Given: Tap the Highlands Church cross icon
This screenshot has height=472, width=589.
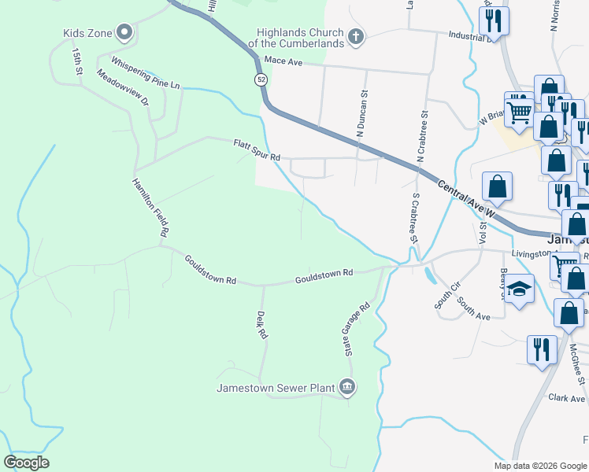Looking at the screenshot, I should [x=355, y=35].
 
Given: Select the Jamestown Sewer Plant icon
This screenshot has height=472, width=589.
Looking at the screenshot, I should [x=347, y=386].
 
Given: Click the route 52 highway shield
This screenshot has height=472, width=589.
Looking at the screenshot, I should [x=260, y=79].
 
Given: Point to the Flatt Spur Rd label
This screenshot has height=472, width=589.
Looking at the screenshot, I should [x=257, y=151].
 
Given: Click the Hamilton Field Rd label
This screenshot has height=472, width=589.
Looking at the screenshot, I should [x=150, y=207].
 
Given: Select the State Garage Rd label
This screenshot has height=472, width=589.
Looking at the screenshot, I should [x=356, y=330].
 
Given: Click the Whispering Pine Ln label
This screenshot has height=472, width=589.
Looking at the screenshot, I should [x=146, y=72].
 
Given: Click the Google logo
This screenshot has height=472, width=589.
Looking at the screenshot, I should [x=26, y=463].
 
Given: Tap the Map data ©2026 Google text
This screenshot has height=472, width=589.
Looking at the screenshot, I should [x=539, y=466].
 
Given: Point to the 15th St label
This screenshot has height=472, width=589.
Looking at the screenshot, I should [x=77, y=61].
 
